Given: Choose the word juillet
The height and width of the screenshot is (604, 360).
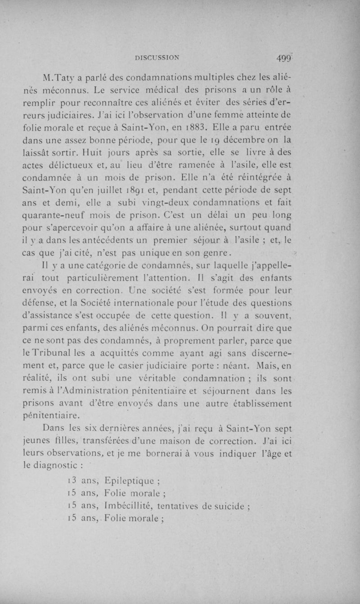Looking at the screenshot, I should (121, 196).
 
